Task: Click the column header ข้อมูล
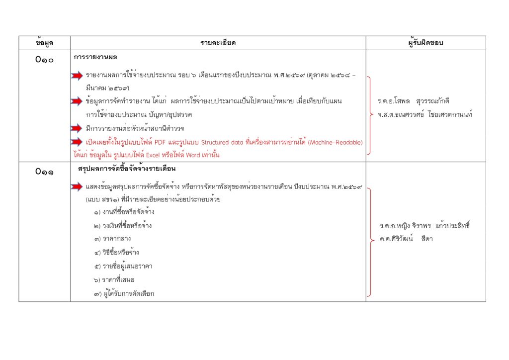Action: click(44, 43)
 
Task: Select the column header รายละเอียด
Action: click(218, 43)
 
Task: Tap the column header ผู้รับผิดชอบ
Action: click(425, 43)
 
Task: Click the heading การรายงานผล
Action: click(95, 58)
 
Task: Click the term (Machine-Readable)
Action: click(336, 142)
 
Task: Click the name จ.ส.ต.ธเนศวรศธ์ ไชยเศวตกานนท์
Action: click(424, 115)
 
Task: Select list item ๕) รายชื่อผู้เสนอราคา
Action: click(122, 266)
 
